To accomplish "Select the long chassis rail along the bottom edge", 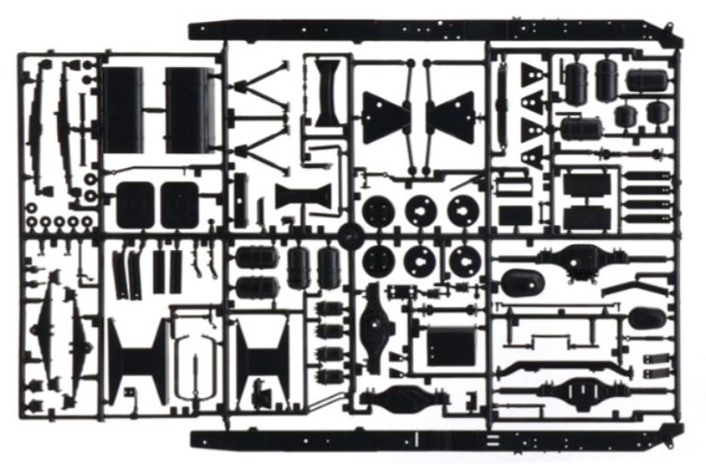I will click(441, 439).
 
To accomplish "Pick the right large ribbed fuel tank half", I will click(190, 109).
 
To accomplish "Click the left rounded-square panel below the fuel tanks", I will click(136, 204).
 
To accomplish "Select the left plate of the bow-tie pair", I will click(386, 118).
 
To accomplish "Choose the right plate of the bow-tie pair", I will click(450, 118).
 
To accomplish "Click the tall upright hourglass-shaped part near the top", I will click(326, 92).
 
